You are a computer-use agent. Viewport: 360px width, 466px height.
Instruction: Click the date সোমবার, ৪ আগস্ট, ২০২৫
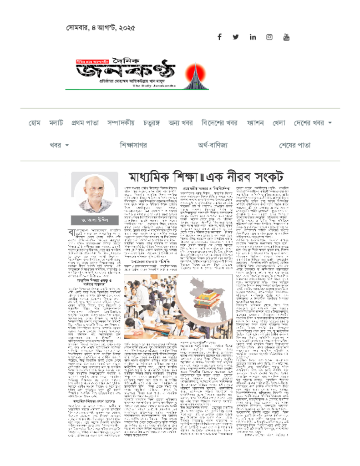100,28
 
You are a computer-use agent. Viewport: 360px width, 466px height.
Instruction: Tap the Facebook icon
219,37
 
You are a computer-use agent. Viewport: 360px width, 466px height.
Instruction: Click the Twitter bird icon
235,37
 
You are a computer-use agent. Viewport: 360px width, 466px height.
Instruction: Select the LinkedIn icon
253,37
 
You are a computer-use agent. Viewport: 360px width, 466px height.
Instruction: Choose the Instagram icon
269,37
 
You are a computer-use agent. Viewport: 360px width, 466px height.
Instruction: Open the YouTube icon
286,37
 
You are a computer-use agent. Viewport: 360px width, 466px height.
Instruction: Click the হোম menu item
35,123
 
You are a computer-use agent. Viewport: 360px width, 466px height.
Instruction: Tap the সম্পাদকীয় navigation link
121,123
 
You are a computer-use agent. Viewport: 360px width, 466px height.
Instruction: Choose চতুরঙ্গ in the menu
151,123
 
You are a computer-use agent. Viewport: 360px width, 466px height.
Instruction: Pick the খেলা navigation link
279,123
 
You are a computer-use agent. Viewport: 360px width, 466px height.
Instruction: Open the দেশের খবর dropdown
312,123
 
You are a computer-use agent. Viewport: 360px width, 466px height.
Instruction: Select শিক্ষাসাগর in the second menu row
133,145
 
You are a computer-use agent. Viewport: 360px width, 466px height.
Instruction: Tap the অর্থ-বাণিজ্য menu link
213,145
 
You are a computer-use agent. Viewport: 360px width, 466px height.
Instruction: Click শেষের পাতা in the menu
295,145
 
